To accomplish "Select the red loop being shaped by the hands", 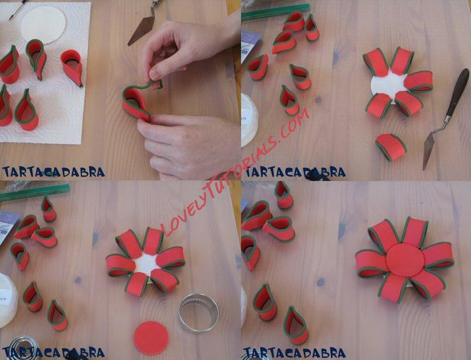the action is click(138, 99).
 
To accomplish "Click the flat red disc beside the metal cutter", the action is click(151, 338).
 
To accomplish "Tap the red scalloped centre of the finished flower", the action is click(406, 260).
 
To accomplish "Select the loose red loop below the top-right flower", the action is click(391, 147).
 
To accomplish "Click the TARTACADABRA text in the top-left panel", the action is click(53, 172).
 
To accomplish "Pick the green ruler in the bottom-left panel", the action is click(35, 192).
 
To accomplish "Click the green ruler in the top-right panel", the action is click(275, 12).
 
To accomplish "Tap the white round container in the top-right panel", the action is click(249, 120).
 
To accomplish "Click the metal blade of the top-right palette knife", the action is click(429, 150).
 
